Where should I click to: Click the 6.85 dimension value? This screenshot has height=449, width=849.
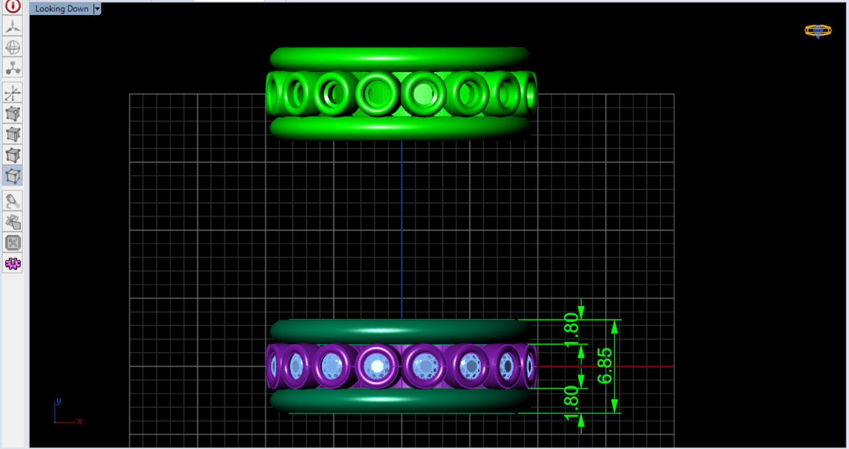tap(605, 365)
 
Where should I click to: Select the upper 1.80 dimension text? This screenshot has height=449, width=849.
tap(571, 329)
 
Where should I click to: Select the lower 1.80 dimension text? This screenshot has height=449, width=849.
tap(571, 403)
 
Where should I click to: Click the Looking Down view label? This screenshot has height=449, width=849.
tap(62, 9)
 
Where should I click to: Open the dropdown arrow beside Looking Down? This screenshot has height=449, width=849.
tap(98, 9)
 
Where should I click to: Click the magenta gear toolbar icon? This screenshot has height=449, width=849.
tap(13, 263)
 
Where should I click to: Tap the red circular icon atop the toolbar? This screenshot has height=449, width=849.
tap(13, 6)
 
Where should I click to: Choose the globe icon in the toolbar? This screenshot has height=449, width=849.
tap(13, 47)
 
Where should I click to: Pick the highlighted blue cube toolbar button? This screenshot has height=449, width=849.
tap(13, 176)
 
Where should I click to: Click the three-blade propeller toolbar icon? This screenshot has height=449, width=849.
tap(13, 26)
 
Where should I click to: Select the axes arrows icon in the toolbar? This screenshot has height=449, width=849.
tap(13, 93)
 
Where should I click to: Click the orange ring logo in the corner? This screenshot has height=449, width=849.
tap(818, 31)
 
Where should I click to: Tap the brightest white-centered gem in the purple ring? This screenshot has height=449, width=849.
tap(377, 366)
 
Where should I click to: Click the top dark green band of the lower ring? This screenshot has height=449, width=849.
tap(400, 331)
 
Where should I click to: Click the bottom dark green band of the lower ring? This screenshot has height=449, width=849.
tap(400, 400)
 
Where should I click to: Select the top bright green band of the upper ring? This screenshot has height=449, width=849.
tap(400, 58)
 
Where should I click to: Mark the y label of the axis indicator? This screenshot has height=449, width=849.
tap(58, 401)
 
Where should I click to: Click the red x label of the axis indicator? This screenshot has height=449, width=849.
tap(79, 422)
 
